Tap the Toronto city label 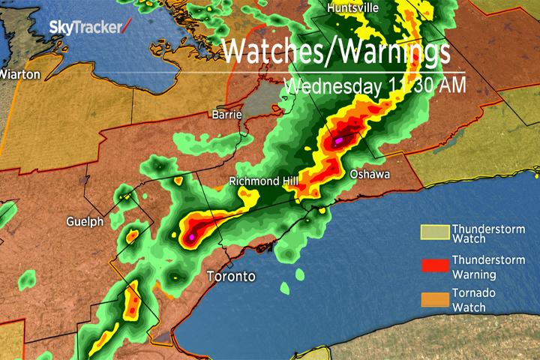(x=230, y=277)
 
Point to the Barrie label (x=226, y=115)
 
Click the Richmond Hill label (x=264, y=181)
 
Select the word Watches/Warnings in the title (x=337, y=52)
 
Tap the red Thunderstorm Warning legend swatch (x=434, y=266)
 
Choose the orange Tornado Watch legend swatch (x=434, y=299)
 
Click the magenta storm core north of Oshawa (x=338, y=139)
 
